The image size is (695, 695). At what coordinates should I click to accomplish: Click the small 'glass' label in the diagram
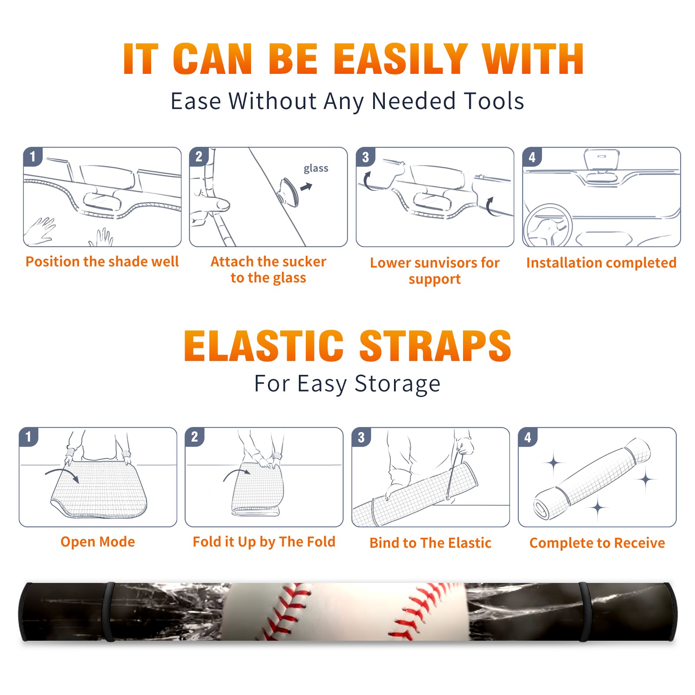(316, 169)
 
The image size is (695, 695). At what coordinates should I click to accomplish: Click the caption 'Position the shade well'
(102, 261)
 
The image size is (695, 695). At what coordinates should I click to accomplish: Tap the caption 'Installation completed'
(601, 263)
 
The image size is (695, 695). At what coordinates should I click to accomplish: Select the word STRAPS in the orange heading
(435, 346)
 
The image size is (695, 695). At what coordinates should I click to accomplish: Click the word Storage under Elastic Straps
(397, 384)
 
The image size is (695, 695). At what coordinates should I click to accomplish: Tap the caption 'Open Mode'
(98, 542)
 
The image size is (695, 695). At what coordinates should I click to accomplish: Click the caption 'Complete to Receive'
(597, 543)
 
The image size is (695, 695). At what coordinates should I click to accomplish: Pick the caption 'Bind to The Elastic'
(430, 543)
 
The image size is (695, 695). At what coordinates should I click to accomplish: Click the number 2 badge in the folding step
(195, 437)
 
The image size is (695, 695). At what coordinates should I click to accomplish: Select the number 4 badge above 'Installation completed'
(532, 157)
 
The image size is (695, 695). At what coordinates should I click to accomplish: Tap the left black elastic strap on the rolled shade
(109, 612)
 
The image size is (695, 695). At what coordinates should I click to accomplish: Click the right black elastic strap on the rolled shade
(585, 612)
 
